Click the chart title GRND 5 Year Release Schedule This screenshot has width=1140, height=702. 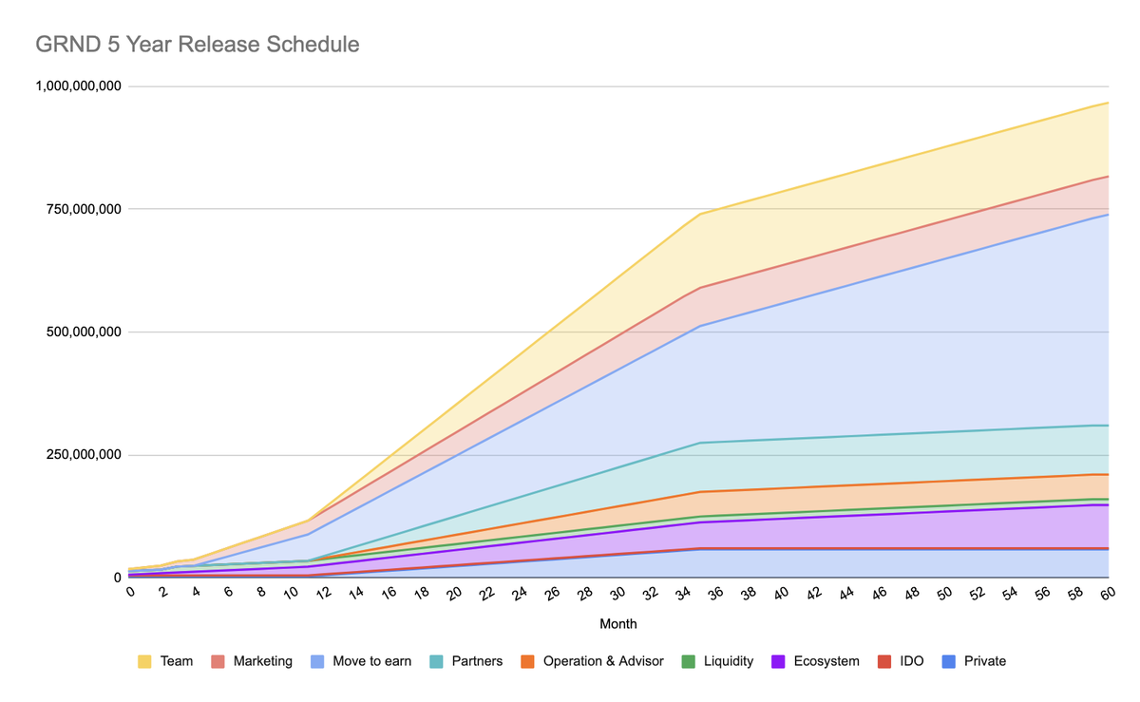click(198, 45)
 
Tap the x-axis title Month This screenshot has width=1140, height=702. click(617, 624)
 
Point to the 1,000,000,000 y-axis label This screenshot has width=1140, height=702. click(79, 86)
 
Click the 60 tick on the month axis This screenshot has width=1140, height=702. click(1106, 594)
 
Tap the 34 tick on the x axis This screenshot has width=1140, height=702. click(684, 594)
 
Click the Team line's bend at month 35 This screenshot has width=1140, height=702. click(700, 214)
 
